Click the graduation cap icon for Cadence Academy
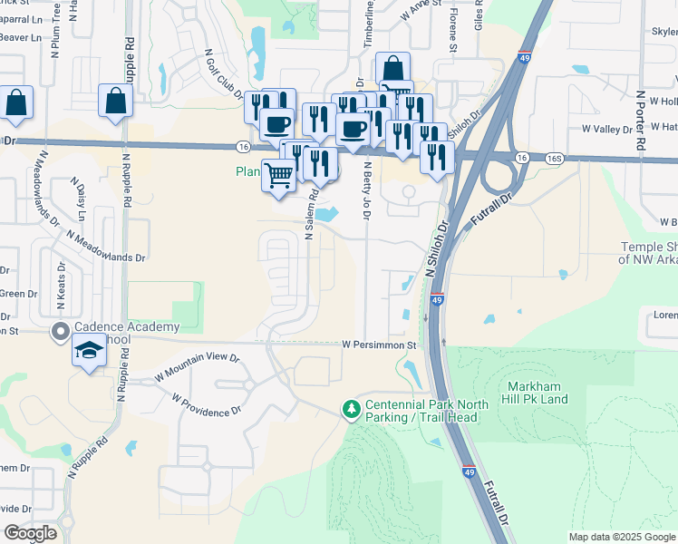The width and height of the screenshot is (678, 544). coord(88,352)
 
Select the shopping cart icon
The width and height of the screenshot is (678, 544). coord(279,175)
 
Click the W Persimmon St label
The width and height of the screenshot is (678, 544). coord(378,345)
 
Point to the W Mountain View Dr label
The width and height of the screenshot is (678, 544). coord(196,365)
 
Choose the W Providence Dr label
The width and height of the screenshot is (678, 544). coord(208,405)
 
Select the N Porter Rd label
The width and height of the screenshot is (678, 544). coord(640,120)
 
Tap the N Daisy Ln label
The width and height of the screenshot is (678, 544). coord(80,200)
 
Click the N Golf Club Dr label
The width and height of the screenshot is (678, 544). coord(223,74)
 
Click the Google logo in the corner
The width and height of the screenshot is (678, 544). coord(30,533)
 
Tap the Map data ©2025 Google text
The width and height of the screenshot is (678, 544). coord(622,537)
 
